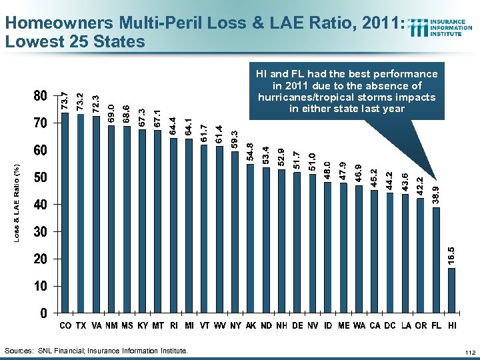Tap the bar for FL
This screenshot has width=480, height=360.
pos(436,259)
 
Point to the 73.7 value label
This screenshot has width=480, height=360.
pos(65,101)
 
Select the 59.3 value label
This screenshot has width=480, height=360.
pos(235,141)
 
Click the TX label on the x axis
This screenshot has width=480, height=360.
pos(81,325)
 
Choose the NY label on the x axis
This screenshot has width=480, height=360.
pos(235,325)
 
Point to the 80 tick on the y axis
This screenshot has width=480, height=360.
pos(40,96)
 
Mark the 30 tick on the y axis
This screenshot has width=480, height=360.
pos(40,231)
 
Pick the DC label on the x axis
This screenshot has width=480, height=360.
pos(389,325)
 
